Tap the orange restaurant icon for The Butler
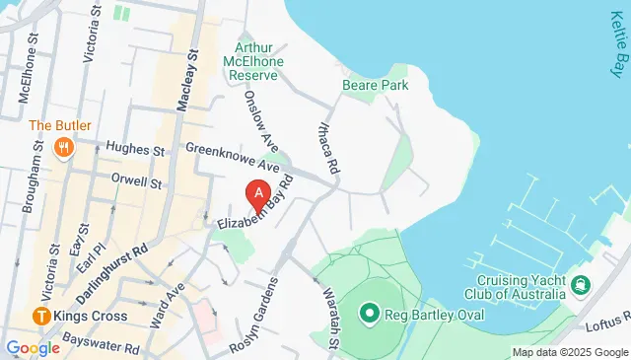(64, 149)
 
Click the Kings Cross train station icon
(40, 317)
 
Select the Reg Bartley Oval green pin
(370, 314)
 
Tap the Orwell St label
(136, 182)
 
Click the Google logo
(33, 347)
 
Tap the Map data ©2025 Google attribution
(570, 352)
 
